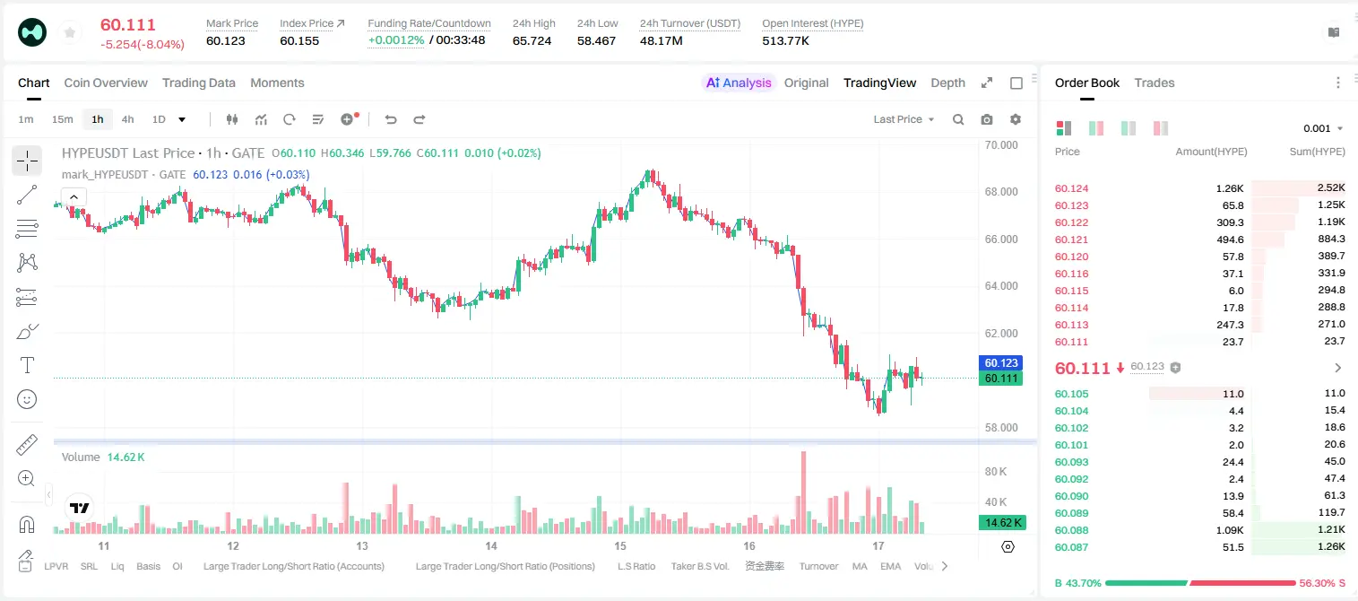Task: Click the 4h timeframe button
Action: (127, 119)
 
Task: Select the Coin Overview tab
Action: (106, 83)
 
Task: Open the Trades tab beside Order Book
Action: (1155, 83)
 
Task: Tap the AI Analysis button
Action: (739, 83)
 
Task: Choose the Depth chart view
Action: (948, 83)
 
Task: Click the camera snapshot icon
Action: (987, 119)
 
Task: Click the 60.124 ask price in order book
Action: (1072, 188)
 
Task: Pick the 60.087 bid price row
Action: (1072, 547)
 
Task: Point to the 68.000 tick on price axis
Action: (1001, 192)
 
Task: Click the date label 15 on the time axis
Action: (620, 545)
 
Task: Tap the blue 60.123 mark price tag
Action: (1001, 362)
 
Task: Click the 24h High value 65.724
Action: (532, 40)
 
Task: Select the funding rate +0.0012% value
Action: (396, 40)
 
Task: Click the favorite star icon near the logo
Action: (70, 32)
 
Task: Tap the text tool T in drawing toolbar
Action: (27, 365)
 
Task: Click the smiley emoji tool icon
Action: (27, 399)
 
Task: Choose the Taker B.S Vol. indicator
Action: (700, 566)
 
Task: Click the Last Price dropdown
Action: (904, 119)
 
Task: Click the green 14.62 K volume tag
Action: (1002, 523)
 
